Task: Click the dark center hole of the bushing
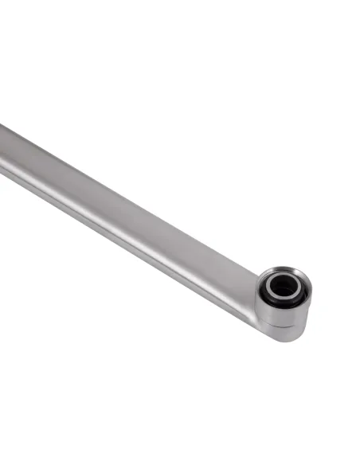point(284,287)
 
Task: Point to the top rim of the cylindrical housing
point(284,268)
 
